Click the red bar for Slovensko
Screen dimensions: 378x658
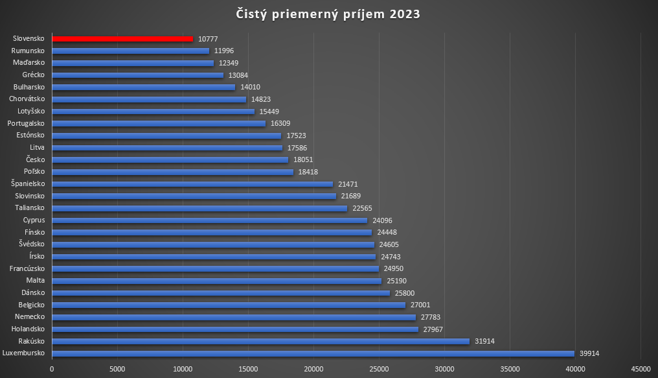[x=122, y=39]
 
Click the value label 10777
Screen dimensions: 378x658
[x=209, y=39]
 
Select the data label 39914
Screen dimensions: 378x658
[x=591, y=353]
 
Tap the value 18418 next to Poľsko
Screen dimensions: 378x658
[x=309, y=172]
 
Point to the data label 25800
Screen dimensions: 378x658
[x=405, y=293]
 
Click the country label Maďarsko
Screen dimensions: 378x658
[x=29, y=63]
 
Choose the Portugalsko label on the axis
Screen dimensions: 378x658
[x=26, y=123]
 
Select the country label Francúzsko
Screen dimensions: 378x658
[x=27, y=268]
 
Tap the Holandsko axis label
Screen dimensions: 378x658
[x=27, y=329]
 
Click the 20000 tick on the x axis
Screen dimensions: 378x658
[x=313, y=369]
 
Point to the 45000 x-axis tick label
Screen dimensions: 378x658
[x=641, y=369]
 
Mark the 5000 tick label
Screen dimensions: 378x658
[x=117, y=369]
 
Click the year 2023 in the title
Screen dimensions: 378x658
[x=405, y=14]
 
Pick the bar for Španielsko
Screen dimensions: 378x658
[x=192, y=184]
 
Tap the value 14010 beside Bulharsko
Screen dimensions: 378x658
[x=251, y=87]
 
